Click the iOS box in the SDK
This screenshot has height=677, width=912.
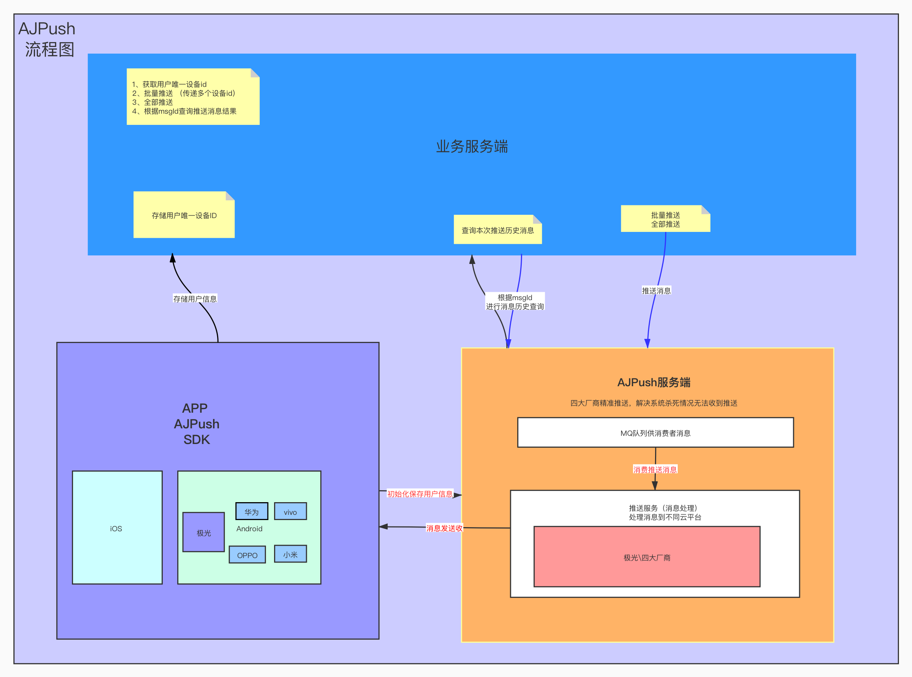point(117,528)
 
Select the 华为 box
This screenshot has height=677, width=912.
point(252,511)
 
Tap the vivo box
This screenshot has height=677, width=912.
point(290,511)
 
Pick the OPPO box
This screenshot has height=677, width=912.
point(247,555)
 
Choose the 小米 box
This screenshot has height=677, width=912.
point(290,554)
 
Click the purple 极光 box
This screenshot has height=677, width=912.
point(203,532)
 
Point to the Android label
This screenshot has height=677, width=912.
point(249,529)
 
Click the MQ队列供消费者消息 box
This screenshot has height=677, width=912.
point(655,433)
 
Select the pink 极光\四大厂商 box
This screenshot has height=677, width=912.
point(647,557)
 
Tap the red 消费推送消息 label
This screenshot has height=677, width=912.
point(655,469)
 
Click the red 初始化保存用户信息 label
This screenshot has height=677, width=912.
point(420,494)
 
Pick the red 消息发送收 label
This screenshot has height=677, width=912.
point(444,528)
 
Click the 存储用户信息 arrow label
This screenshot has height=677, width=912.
point(195,299)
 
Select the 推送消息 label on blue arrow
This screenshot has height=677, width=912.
point(656,290)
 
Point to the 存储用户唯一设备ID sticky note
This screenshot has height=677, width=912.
point(184,215)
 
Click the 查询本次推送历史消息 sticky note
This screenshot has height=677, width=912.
point(498,230)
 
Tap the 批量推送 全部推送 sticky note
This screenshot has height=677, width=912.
point(665,219)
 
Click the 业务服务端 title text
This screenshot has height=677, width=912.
point(471,146)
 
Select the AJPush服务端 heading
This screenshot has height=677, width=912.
point(654,382)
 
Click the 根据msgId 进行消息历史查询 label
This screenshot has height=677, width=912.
point(515,302)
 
